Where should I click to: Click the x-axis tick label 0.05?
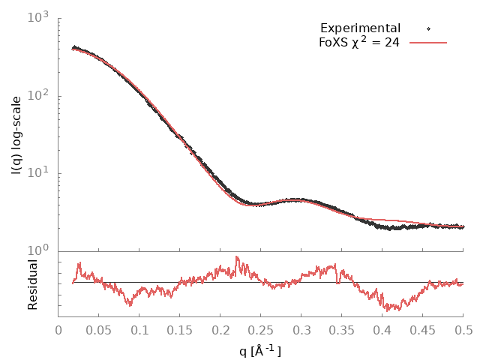pyautogui.click(x=99, y=328)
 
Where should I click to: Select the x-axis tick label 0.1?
pyautogui.click(x=139, y=328)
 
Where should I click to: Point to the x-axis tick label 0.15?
pyautogui.click(x=180, y=328)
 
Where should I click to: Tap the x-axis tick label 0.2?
pyautogui.click(x=220, y=328)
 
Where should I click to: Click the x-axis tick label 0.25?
pyautogui.click(x=261, y=328)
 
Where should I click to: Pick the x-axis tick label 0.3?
pyautogui.click(x=301, y=328)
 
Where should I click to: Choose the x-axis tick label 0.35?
pyautogui.click(x=342, y=328)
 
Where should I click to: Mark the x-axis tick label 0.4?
pyautogui.click(x=382, y=328)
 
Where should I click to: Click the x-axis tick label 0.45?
pyautogui.click(x=423, y=328)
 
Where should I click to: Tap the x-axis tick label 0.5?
pyautogui.click(x=463, y=328)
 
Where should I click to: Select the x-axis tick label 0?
pyautogui.click(x=58, y=328)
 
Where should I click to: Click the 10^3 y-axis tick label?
pyautogui.click(x=39, y=16)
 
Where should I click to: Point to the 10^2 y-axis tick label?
pyautogui.click(x=39, y=94)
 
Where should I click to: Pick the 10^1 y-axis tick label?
pyautogui.click(x=39, y=172)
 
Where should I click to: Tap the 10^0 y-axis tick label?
pyautogui.click(x=39, y=250)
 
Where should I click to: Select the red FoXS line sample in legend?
pyautogui.click(x=427, y=42)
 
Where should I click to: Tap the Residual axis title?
pyautogui.click(x=32, y=285)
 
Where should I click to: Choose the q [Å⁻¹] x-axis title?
pyautogui.click(x=261, y=349)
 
